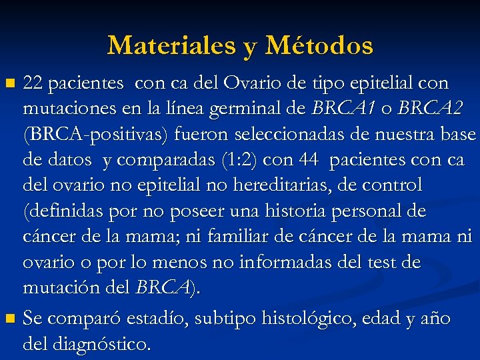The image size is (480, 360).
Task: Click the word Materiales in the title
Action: [169, 46]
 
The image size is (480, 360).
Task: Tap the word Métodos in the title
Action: [319, 46]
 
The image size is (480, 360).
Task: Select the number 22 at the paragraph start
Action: [33, 83]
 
